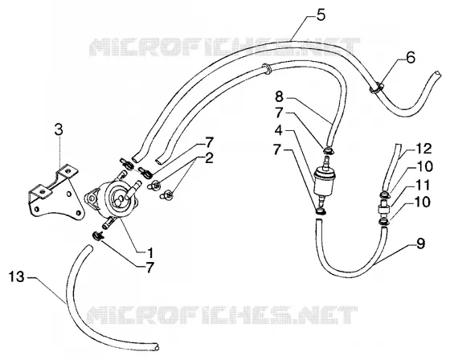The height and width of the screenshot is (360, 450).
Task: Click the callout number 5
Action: click(321, 15)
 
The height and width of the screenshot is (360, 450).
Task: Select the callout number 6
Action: click(411, 58)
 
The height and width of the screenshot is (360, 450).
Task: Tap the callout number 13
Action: click(17, 277)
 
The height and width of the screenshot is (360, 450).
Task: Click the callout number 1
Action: click(149, 252)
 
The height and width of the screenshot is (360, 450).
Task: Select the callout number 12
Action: click(423, 149)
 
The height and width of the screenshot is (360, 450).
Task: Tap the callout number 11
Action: click(423, 185)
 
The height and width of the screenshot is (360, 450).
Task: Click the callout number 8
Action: click(279, 96)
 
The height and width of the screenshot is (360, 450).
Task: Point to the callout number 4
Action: click(279, 131)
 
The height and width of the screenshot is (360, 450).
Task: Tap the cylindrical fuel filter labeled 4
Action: click(322, 181)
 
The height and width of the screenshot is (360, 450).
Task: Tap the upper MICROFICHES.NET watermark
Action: click(225, 47)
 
